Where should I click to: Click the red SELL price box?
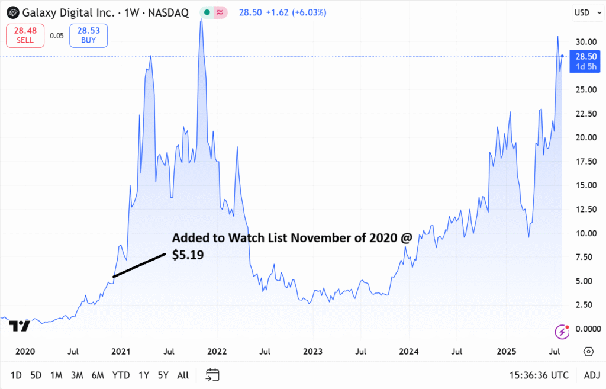25,36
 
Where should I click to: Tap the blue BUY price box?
88,36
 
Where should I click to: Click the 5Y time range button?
162,375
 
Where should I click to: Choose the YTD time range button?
121,375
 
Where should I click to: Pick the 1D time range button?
16,375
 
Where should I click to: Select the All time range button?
183,375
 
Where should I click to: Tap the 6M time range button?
98,375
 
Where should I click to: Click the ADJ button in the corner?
592,375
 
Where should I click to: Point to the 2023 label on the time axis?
313,351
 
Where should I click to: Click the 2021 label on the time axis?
121,351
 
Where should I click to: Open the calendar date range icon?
212,375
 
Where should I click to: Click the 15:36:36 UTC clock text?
539,375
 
